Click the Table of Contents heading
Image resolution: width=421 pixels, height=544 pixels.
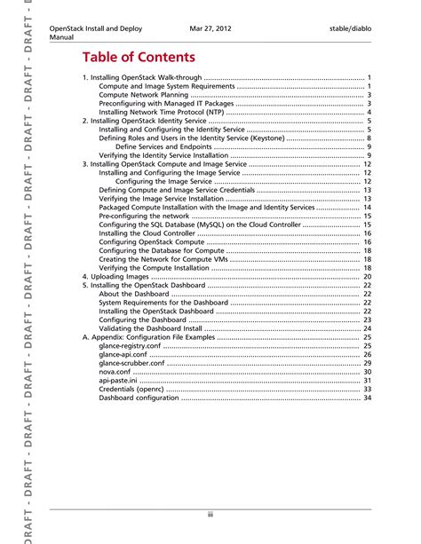133,59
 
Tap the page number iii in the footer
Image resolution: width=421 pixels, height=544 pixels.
210,514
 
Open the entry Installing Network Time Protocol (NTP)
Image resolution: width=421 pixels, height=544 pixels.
160,113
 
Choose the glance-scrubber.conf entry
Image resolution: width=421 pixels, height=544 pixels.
131,363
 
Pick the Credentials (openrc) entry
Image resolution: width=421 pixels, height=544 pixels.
131,389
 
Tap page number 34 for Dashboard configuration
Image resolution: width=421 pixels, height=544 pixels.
366,398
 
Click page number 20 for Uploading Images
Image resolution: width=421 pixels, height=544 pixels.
366,277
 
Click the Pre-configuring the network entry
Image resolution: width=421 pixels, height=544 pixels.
144,216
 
